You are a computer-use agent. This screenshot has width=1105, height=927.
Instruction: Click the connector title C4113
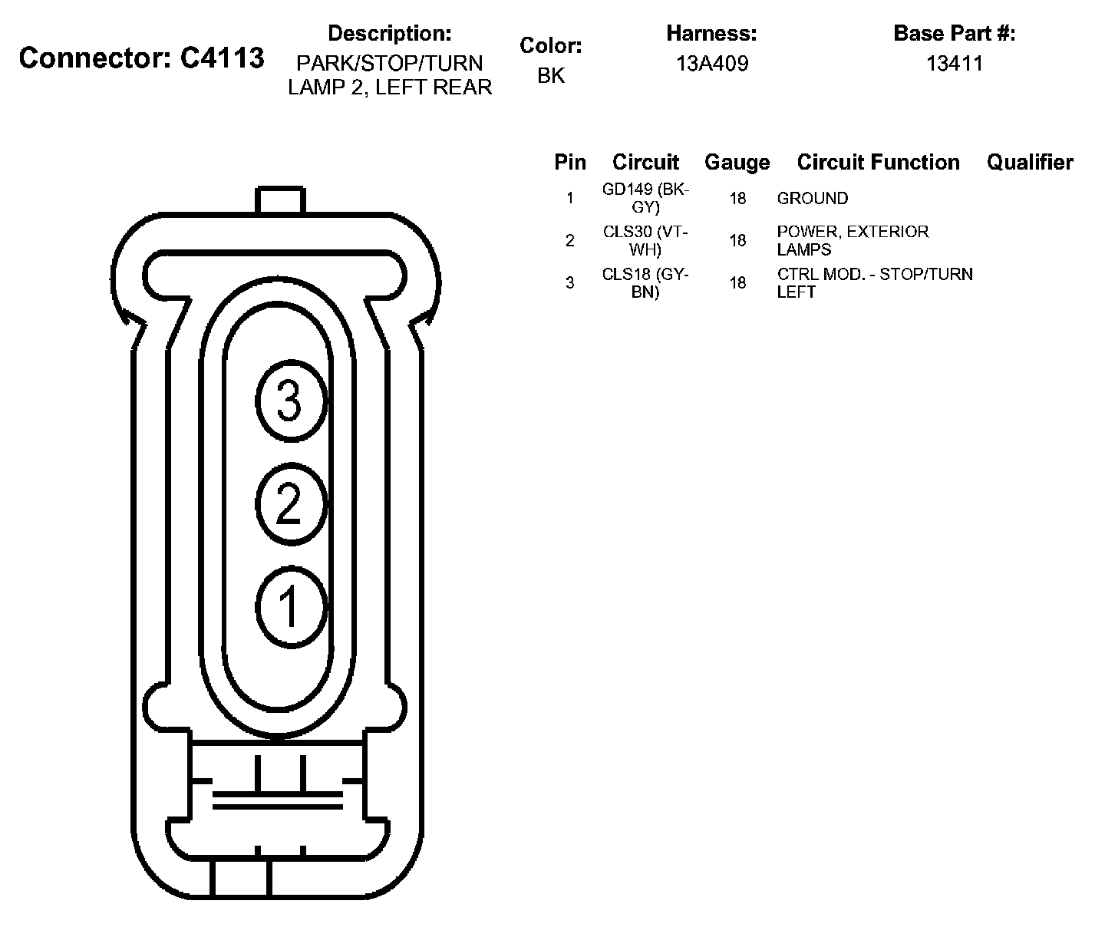point(142,58)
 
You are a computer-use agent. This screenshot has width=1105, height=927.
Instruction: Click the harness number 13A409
point(711,64)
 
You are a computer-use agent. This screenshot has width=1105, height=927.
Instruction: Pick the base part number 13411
point(954,64)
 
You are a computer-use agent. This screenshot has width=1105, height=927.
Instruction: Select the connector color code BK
point(551,75)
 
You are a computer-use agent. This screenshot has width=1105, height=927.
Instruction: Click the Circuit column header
point(645,163)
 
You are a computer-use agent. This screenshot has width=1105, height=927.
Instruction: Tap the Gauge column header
point(737,163)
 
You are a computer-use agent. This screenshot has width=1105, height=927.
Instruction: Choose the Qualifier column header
point(1029,163)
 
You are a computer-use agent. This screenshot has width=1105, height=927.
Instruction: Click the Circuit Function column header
point(878,163)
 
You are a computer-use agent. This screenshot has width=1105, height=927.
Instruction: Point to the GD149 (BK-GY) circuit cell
point(646,198)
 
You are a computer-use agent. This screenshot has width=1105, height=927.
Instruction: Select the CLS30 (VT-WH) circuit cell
point(646,240)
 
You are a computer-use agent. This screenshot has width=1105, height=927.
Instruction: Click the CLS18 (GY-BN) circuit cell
point(646,282)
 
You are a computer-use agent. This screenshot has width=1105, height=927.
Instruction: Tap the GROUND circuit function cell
point(812,199)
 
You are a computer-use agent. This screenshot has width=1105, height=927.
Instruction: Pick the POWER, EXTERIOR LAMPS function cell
point(852,240)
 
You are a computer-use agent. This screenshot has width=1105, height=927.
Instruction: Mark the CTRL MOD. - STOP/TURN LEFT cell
point(874,282)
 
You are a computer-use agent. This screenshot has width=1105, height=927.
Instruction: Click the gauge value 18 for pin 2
point(737,241)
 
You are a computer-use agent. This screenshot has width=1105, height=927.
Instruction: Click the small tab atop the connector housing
point(280,200)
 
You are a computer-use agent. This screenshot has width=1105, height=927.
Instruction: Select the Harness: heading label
point(711,34)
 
